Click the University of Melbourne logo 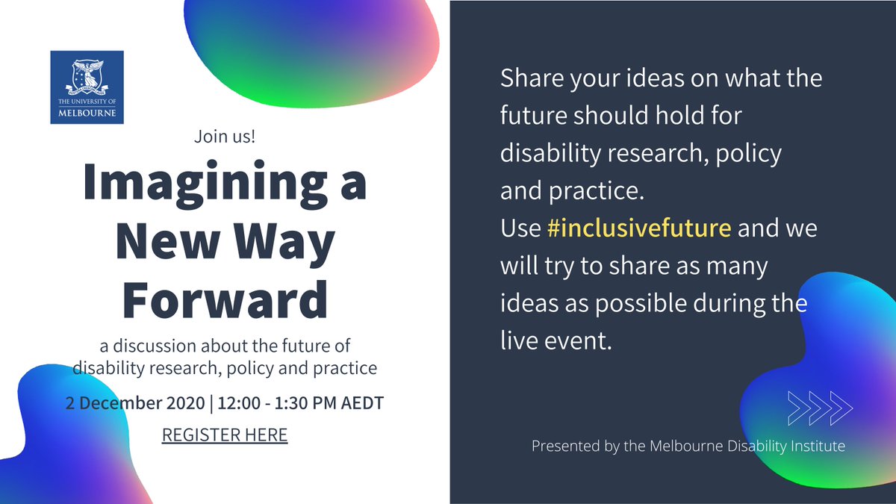(87, 87)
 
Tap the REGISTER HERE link (225, 435)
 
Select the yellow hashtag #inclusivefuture (638, 228)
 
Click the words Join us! (224, 137)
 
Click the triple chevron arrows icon (820, 407)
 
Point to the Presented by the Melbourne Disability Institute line (688, 447)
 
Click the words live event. (557, 343)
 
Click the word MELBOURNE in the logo (87, 113)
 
